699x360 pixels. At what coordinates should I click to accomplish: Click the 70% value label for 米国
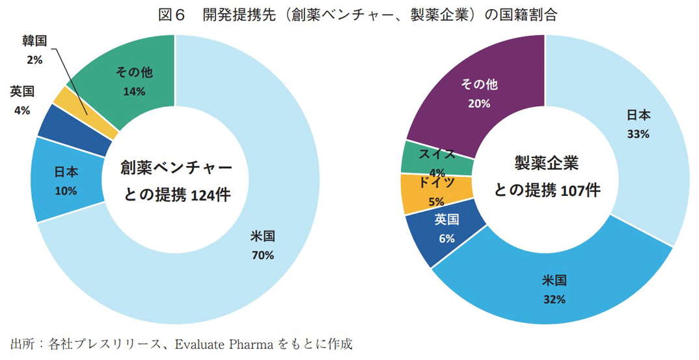[262, 255]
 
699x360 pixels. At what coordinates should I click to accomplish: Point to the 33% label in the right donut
[638, 133]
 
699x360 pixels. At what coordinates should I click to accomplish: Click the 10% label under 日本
[66, 191]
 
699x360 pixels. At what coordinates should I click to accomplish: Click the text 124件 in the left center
[210, 193]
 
